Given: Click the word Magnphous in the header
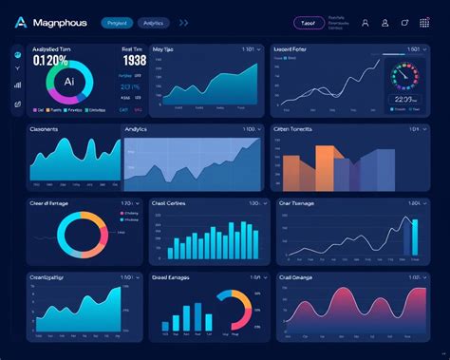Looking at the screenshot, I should (59, 22).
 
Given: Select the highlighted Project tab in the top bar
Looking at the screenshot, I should (117, 22).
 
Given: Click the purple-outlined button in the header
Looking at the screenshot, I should (307, 22).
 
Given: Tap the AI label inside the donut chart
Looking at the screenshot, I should (69, 83).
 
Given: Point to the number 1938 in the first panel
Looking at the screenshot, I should (134, 62).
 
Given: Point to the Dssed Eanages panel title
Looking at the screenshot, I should (172, 277).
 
